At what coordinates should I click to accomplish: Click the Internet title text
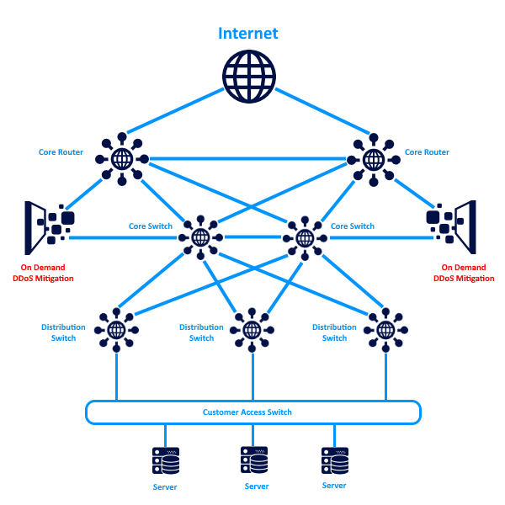[248, 34]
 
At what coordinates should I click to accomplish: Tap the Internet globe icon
[250, 77]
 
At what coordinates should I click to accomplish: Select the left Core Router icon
[121, 158]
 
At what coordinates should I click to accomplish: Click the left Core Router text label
[61, 152]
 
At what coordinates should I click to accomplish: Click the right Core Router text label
[427, 152]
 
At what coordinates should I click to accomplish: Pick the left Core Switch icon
[200, 237]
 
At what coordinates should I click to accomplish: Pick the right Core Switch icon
[303, 237]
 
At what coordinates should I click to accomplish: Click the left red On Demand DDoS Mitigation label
[43, 273]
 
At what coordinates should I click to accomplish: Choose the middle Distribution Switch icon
[251, 329]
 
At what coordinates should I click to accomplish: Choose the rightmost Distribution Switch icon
[385, 329]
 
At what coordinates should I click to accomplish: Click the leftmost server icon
[166, 462]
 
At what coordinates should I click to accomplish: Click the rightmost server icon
[335, 461]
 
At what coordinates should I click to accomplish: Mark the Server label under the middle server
[257, 486]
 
